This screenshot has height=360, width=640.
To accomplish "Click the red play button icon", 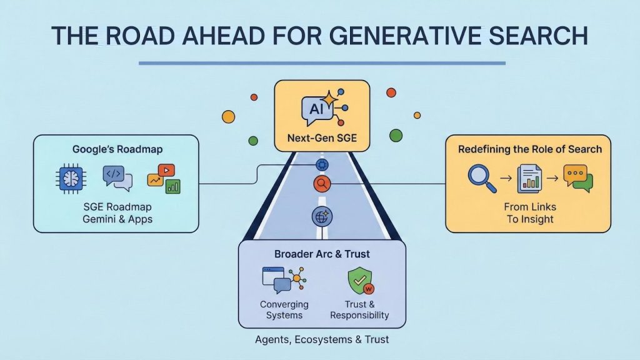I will [166, 170].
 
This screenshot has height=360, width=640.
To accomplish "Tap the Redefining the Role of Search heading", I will [529, 149].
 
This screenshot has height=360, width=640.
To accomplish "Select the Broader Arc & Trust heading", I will [322, 254].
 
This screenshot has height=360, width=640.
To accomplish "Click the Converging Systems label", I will [284, 309].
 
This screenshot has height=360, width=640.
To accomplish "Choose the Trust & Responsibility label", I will [359, 309].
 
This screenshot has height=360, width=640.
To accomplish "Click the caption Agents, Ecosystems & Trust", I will [322, 339].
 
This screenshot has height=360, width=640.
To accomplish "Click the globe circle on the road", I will [322, 217].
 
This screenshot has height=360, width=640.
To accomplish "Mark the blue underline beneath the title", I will [321, 63].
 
